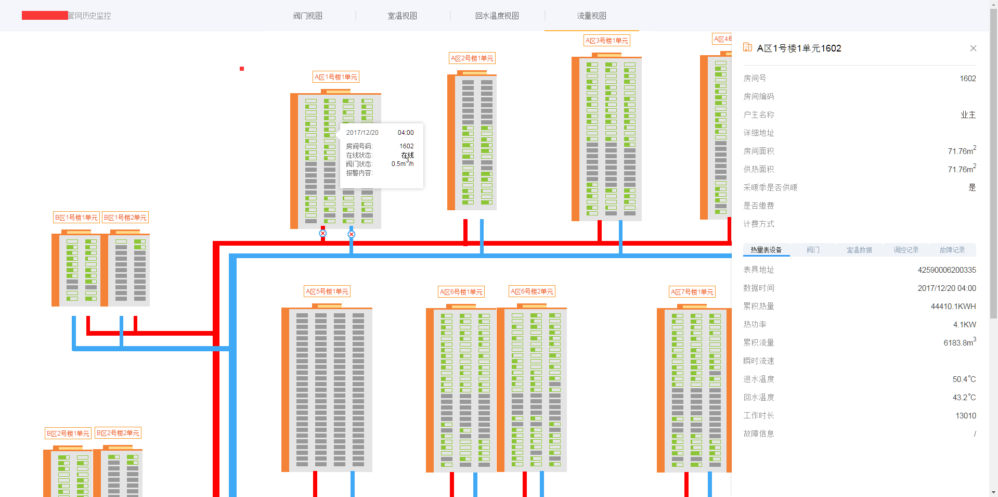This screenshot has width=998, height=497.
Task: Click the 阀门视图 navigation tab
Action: [307, 16]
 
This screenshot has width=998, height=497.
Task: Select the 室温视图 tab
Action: [402, 16]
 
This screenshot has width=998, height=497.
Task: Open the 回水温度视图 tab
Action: [497, 16]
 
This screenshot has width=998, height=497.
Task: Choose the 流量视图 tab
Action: [591, 16]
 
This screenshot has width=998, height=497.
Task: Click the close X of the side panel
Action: [973, 48]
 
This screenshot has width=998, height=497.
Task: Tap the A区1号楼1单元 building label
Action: [336, 77]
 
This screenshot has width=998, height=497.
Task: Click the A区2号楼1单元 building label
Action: [472, 58]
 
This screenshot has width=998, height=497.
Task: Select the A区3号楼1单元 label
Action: [607, 41]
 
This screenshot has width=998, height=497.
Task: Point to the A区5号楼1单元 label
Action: [327, 291]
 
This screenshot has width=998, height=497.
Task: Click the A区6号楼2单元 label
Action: [532, 291]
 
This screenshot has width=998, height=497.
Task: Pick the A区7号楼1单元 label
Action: [692, 292]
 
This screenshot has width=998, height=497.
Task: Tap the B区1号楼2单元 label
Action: [125, 218]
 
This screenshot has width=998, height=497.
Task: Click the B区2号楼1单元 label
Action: [68, 433]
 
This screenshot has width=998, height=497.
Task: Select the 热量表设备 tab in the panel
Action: [766, 250]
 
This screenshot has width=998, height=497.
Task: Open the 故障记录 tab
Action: [952, 250]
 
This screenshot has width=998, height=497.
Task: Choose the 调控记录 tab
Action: [906, 250]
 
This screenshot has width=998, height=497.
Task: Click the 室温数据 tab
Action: [859, 250]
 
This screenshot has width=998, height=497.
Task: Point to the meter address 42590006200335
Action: [947, 270]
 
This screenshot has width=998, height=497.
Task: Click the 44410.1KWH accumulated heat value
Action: [953, 307]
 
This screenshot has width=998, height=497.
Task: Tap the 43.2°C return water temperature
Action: [964, 398]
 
